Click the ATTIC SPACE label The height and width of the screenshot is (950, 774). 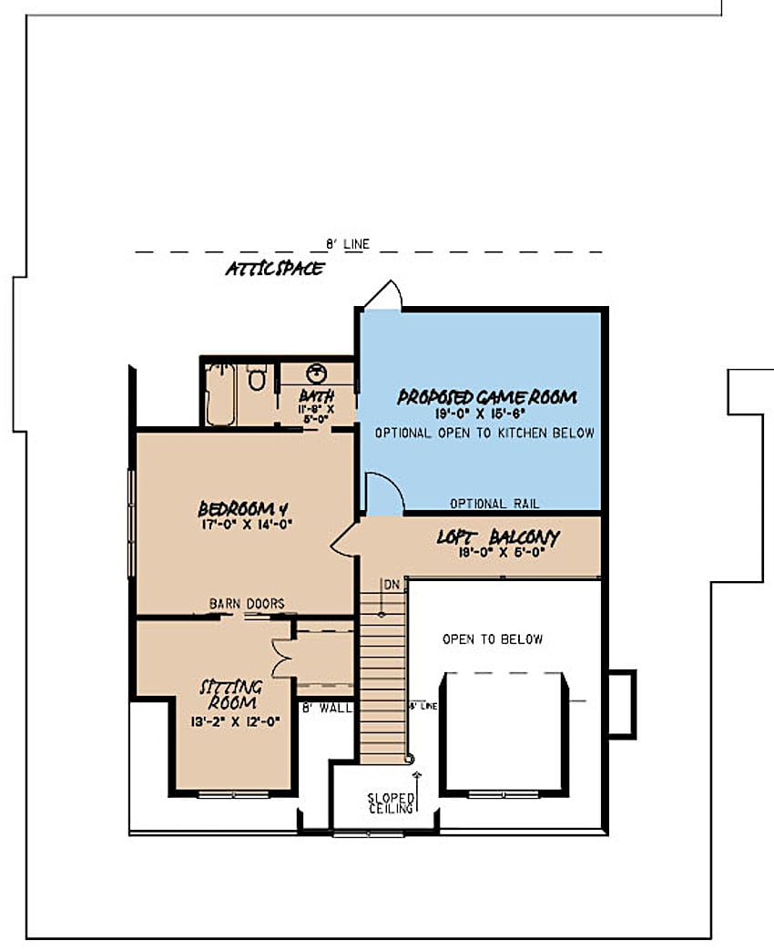click(x=275, y=268)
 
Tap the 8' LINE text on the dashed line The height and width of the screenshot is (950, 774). click(x=348, y=244)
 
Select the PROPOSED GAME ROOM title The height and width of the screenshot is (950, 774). click(x=486, y=397)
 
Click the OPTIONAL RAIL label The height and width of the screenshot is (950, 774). click(x=494, y=504)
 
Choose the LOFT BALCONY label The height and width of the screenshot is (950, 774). click(x=497, y=537)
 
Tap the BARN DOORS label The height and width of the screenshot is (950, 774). click(x=247, y=603)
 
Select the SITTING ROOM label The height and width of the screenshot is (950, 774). click(x=231, y=694)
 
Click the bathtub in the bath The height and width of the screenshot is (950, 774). click(x=220, y=394)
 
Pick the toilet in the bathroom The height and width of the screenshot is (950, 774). click(x=257, y=376)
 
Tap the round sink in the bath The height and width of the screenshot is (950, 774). click(x=316, y=373)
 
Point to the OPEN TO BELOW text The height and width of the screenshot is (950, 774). click(x=493, y=639)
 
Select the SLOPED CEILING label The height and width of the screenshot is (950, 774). click(x=391, y=802)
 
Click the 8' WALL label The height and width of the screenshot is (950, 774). click(x=325, y=707)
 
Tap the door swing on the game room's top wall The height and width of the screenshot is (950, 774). click(x=382, y=295)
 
